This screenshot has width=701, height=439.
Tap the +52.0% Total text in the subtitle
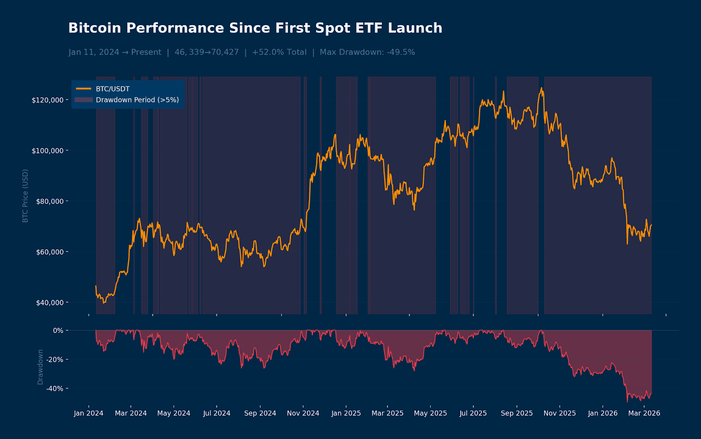(279, 52)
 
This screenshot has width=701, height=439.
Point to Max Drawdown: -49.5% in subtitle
(367, 52)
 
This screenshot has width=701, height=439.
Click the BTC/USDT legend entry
(113, 89)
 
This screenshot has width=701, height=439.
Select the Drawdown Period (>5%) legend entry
(137, 100)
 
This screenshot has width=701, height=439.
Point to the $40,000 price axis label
(49, 303)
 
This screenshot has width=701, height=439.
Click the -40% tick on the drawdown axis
(55, 389)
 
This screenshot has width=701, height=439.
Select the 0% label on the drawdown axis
(58, 330)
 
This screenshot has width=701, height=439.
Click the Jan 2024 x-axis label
(89, 413)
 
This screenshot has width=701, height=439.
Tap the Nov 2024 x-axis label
(303, 413)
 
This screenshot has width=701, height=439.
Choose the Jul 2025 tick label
(473, 413)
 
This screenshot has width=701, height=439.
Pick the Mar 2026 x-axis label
(644, 413)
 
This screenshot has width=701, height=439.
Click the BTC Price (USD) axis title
(25, 196)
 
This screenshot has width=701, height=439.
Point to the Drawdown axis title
(40, 367)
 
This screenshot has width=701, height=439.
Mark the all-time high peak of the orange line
(541, 88)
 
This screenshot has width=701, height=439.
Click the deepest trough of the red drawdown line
(627, 402)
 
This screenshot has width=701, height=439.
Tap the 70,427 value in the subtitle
(225, 52)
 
